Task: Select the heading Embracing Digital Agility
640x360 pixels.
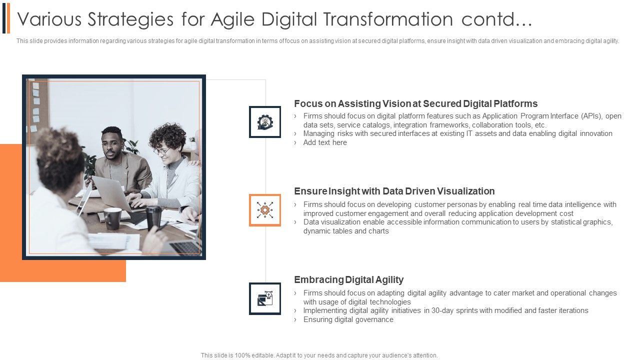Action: tap(348, 280)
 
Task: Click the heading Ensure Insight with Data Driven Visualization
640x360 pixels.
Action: tap(394, 191)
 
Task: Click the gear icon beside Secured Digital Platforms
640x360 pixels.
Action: tap(265, 122)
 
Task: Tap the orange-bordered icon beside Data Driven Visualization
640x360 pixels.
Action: tap(265, 210)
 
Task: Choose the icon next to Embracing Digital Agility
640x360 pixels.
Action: tap(265, 298)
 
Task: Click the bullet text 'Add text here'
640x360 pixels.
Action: tap(325, 142)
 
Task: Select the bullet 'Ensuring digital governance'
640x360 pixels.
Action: tap(348, 319)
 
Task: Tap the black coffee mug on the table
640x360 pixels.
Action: tap(112, 218)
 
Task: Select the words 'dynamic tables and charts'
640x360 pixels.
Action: tap(346, 231)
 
